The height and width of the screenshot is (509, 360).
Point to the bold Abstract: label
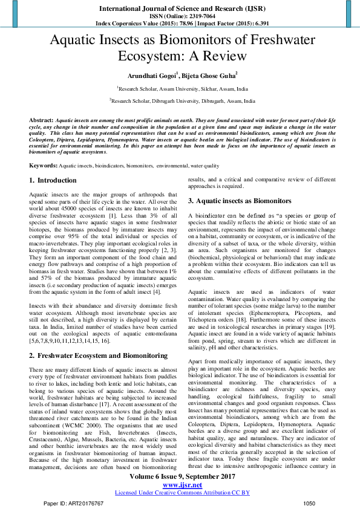(x=41, y=121)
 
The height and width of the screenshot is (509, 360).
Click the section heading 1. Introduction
(x=53, y=180)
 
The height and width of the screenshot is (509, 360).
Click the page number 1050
(x=309, y=503)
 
